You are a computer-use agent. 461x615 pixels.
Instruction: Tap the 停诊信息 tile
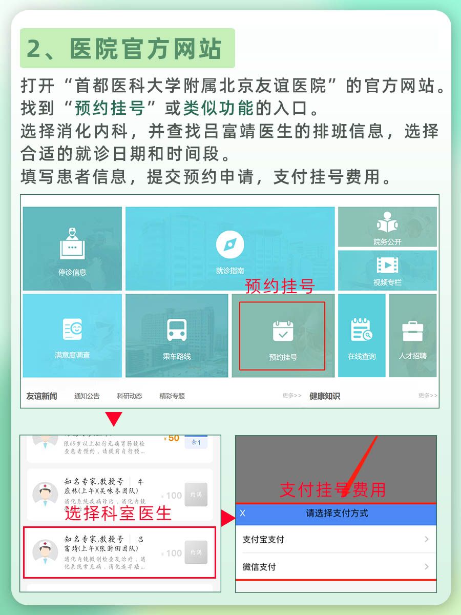pos(72,249)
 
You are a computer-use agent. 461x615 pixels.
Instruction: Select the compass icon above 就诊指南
pos(230,244)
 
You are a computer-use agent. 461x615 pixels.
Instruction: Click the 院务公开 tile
pos(387,227)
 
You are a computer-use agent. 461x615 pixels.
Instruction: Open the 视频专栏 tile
pos(387,270)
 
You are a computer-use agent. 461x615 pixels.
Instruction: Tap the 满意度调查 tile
pos(72,335)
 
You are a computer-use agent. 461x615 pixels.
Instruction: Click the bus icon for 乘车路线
pos(177,330)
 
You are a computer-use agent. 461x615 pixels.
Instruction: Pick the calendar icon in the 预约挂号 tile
pos(283,331)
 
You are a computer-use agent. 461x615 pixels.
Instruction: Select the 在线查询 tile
pos(362,335)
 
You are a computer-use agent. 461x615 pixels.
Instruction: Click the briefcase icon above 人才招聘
pos(412,331)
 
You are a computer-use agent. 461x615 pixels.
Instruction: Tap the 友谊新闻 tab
pos(41,396)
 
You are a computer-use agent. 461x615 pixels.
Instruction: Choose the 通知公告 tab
pos(87,396)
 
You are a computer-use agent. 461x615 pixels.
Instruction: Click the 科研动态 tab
pos(130,396)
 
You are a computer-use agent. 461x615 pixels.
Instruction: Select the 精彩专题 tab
pos(172,396)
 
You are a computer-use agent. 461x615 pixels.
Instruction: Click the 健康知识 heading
pos(324,396)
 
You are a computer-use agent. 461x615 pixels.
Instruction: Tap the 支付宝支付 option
pos(336,539)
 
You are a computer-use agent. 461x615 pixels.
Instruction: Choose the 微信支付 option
pos(336,567)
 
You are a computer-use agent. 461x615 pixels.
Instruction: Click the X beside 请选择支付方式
pos(243,513)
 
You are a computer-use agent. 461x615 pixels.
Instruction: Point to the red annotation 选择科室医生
pos(118,513)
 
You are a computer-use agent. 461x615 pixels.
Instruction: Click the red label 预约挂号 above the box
pos(280,286)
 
